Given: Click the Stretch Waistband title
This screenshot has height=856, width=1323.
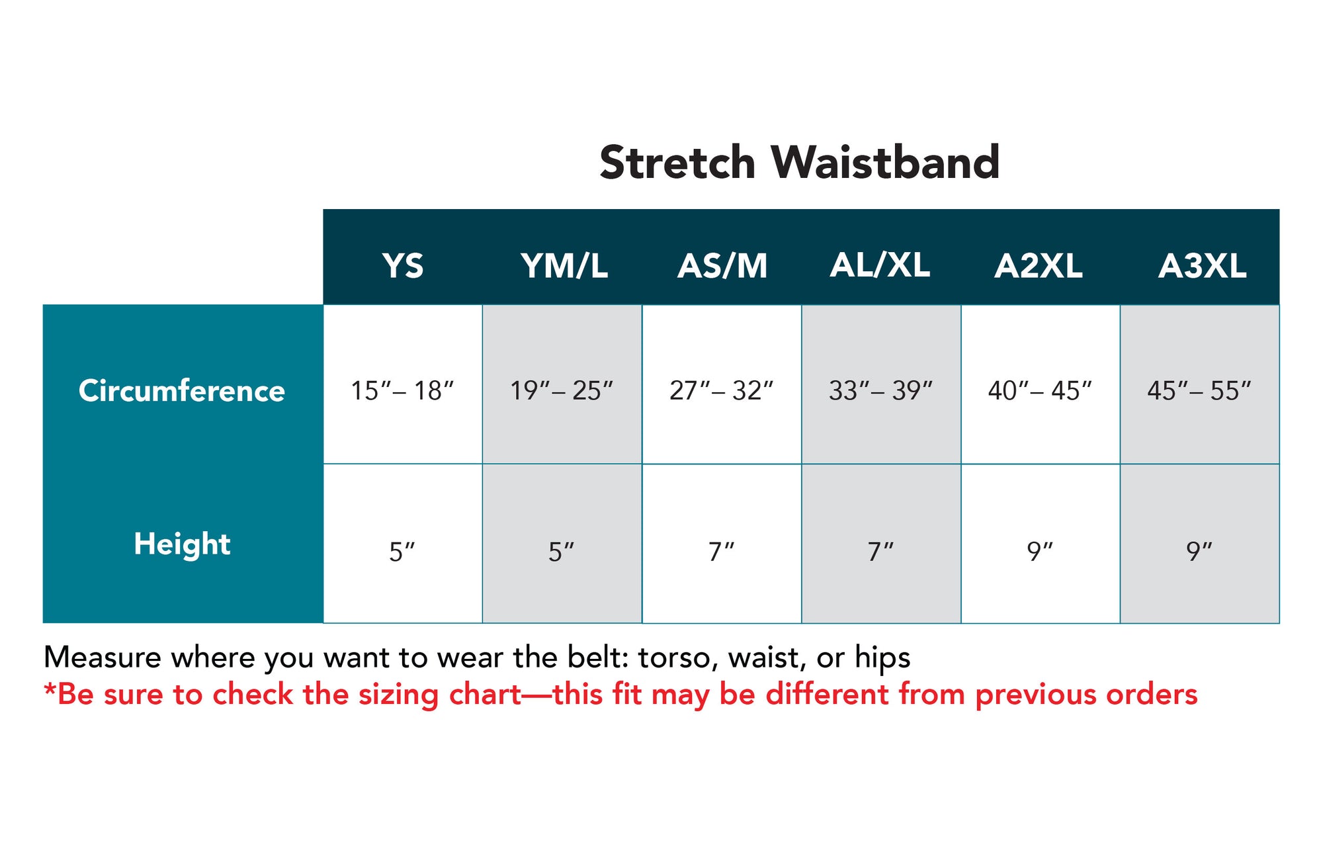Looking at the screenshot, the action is click(x=799, y=162).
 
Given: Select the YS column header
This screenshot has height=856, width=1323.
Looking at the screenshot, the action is click(x=402, y=266).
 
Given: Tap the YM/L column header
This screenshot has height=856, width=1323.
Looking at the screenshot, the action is click(x=564, y=266).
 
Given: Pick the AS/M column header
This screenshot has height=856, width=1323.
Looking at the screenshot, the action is click(x=722, y=266).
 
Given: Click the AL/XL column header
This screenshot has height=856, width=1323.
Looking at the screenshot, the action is click(x=880, y=265).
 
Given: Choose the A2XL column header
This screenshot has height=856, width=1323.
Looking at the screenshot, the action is click(x=1039, y=266).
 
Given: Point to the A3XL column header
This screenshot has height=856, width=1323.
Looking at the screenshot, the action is click(x=1202, y=266).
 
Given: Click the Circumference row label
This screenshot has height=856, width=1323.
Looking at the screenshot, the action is click(x=182, y=390).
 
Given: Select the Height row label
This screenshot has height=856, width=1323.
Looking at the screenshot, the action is click(x=182, y=544).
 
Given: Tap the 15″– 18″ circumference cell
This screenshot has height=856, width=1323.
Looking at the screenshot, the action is click(x=402, y=390).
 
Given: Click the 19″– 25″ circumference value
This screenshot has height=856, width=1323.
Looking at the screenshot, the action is click(x=562, y=390).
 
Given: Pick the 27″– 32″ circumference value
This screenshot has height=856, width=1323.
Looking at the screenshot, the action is click(x=721, y=390).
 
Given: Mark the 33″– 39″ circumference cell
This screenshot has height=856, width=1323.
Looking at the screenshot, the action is click(x=880, y=390).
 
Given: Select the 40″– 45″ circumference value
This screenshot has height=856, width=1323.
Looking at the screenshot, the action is click(x=1040, y=390).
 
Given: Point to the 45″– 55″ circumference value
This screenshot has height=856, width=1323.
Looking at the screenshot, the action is click(x=1199, y=390).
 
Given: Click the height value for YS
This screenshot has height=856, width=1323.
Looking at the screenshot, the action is click(x=402, y=551).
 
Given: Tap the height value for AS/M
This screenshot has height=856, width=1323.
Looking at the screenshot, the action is click(x=721, y=551).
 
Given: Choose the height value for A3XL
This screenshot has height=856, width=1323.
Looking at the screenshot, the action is click(x=1199, y=551).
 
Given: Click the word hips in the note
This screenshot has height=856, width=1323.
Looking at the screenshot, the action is click(x=882, y=658).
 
